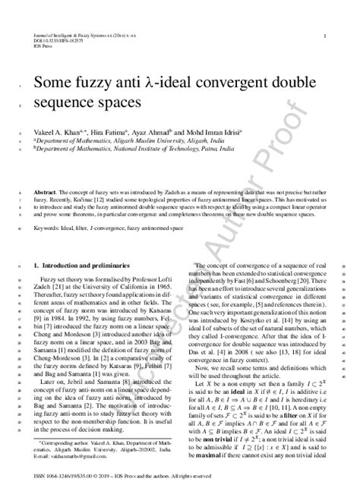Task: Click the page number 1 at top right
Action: (324, 36)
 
